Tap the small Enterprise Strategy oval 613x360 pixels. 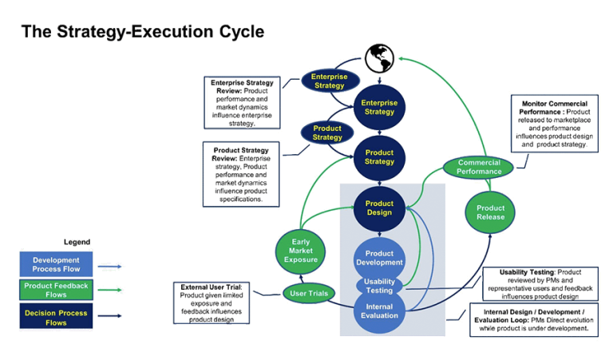click(328, 81)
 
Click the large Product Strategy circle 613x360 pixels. click(379, 157)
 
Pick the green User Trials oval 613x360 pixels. click(306, 294)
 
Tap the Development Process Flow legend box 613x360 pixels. click(56, 264)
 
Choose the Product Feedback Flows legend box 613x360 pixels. click(56, 290)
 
